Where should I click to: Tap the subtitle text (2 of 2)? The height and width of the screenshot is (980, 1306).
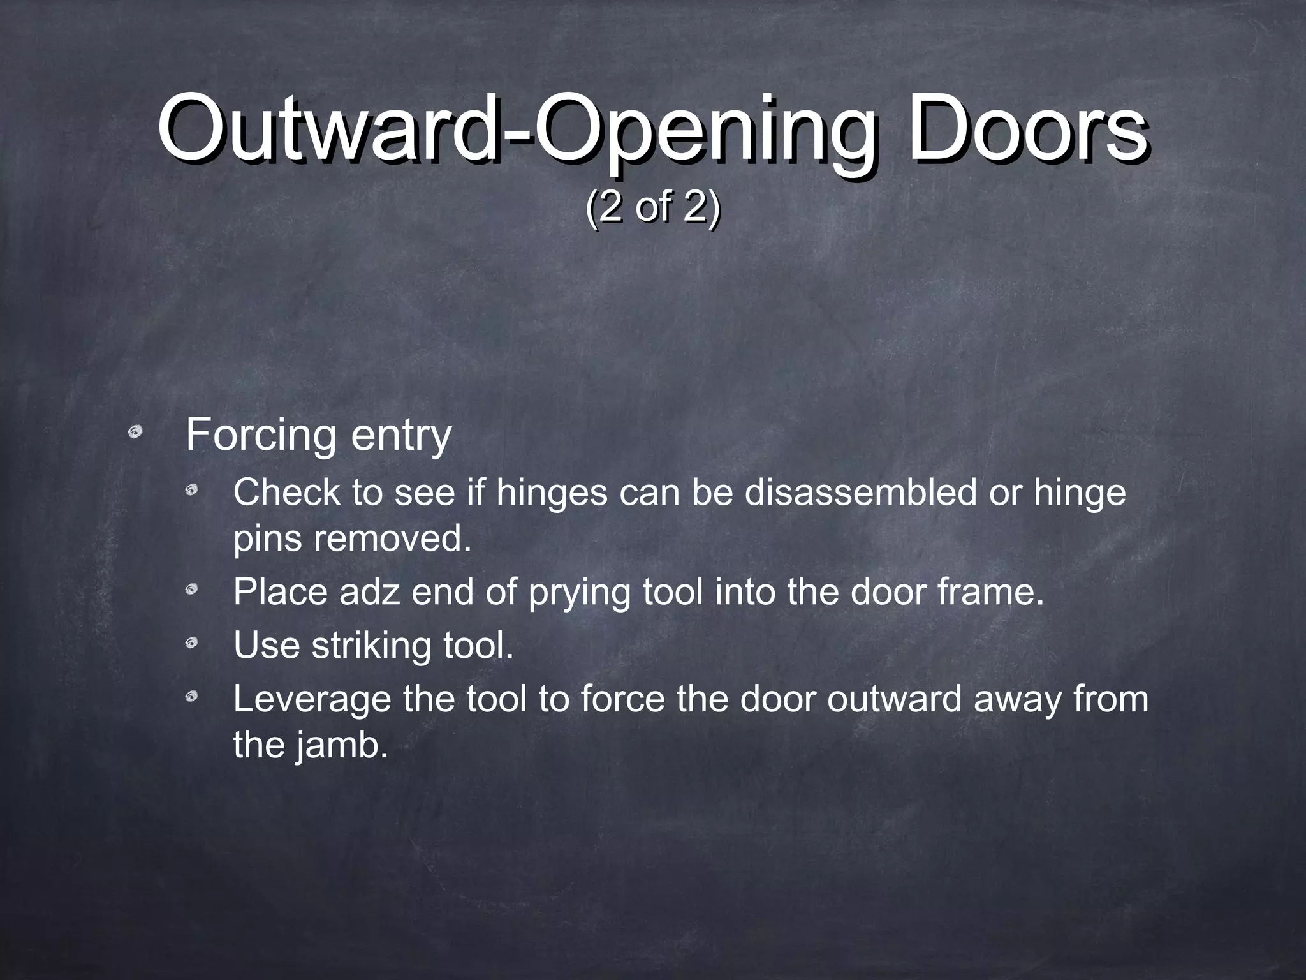point(652,207)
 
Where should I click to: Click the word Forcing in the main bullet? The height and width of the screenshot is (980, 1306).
point(260,436)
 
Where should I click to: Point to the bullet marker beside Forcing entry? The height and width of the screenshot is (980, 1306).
point(135,433)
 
